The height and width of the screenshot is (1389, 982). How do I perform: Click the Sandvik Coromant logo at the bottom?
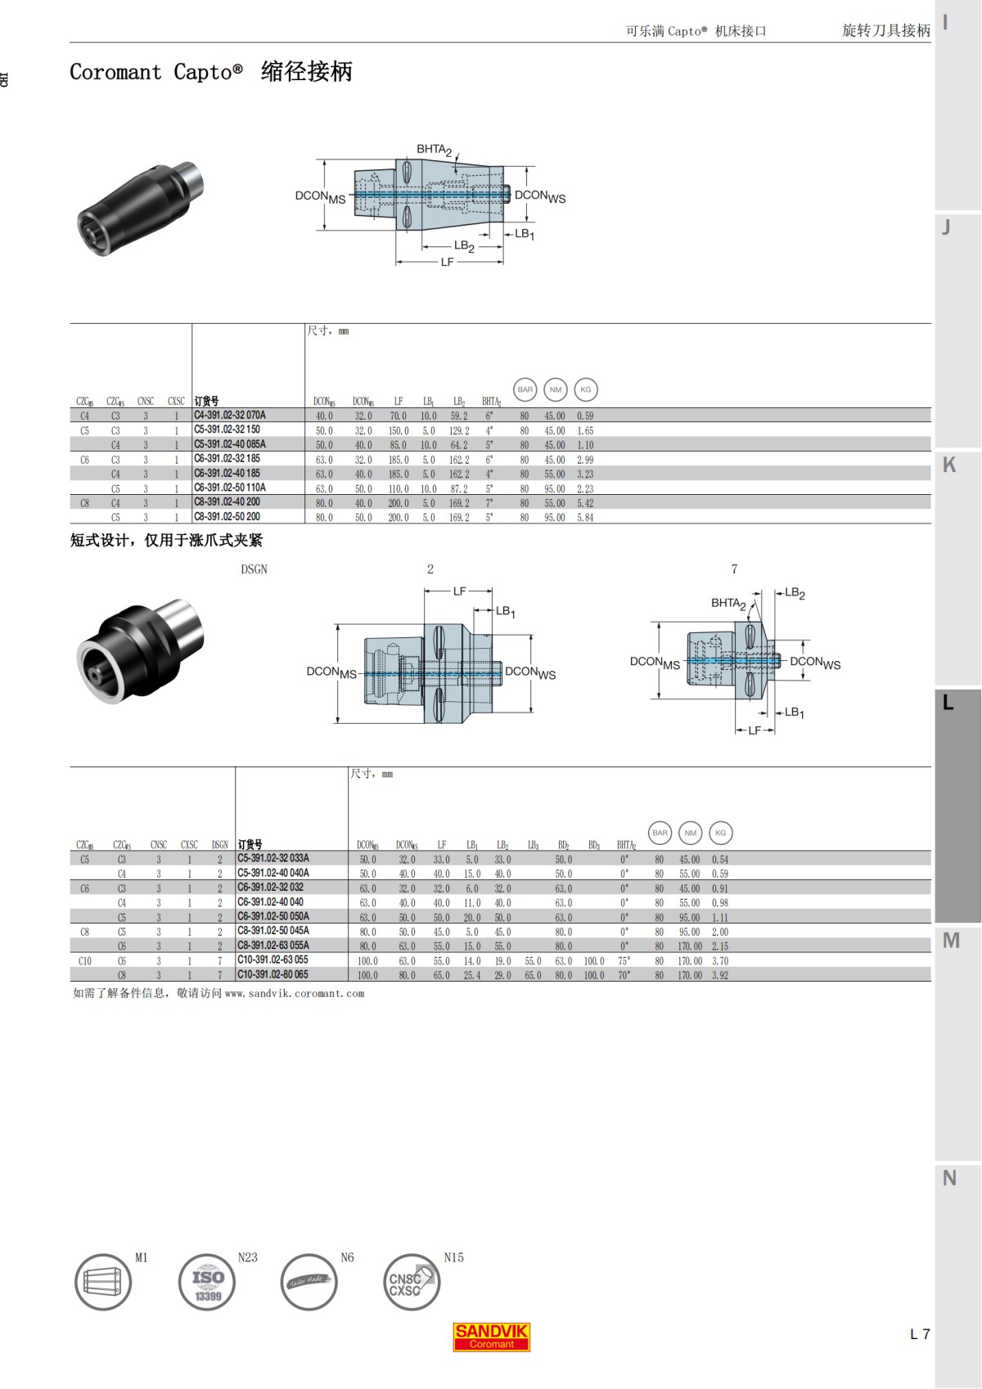[x=492, y=1337]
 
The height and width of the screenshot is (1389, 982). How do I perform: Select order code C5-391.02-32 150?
[x=227, y=429]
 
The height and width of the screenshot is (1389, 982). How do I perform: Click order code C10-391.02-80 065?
[x=273, y=974]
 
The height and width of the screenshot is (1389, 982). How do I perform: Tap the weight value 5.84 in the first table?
[x=585, y=518]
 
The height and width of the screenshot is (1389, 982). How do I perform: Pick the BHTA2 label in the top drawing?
[x=433, y=150]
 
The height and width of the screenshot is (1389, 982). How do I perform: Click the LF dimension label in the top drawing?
[x=447, y=262]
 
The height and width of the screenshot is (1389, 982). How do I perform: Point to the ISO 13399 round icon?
[x=207, y=1282]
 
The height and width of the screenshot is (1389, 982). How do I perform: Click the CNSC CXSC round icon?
[x=412, y=1282]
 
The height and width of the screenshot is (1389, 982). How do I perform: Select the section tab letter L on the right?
[x=948, y=703]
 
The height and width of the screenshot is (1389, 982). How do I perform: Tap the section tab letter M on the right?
[x=950, y=941]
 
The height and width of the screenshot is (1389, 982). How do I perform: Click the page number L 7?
[x=920, y=1334]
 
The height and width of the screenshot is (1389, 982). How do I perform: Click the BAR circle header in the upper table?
[x=525, y=389]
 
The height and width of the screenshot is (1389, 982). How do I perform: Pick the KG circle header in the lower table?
[x=720, y=833]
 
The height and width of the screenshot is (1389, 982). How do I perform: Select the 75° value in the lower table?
[x=624, y=961]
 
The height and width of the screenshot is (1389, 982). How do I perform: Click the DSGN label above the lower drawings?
[x=254, y=569]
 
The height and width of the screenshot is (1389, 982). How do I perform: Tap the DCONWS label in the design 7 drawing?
[x=814, y=663]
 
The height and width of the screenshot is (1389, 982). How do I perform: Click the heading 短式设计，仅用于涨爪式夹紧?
[x=166, y=541]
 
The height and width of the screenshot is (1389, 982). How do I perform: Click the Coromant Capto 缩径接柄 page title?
[x=210, y=72]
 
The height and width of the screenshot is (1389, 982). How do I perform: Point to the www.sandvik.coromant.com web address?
[x=294, y=993]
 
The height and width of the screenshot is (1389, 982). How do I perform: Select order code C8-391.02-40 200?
[x=227, y=502]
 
